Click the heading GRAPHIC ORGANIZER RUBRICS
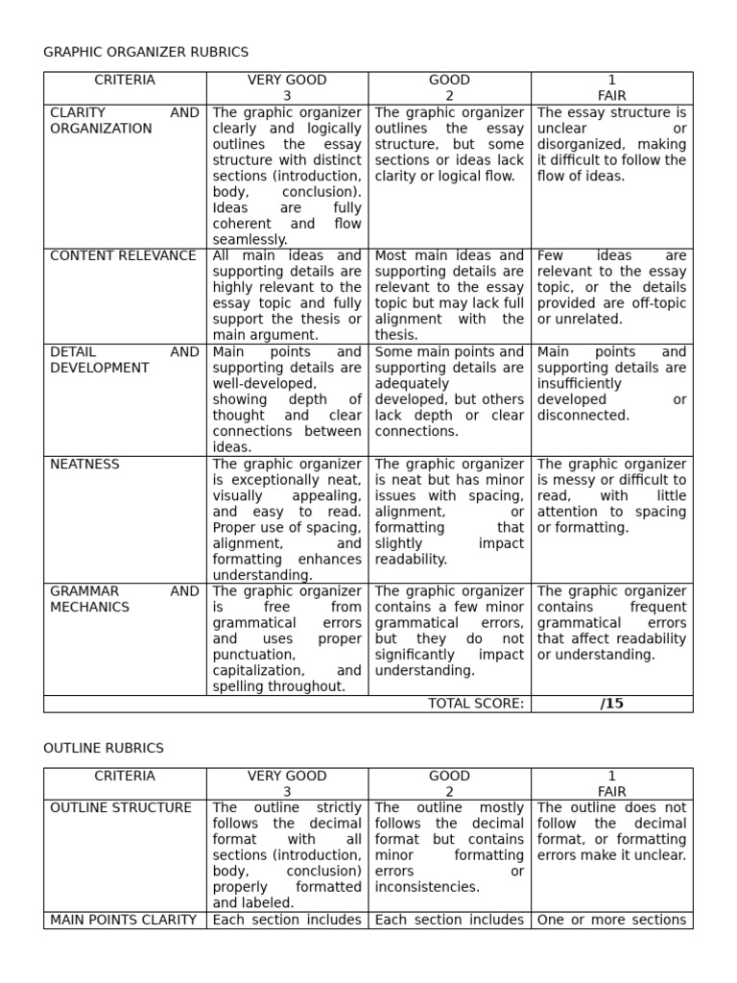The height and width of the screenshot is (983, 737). pyautogui.click(x=146, y=52)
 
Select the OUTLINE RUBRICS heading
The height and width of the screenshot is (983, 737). pyautogui.click(x=104, y=748)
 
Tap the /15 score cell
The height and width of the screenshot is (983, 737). pyautogui.click(x=611, y=704)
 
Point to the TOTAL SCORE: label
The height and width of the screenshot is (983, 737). pyautogui.click(x=476, y=704)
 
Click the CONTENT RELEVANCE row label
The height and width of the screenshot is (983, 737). pyautogui.click(x=123, y=256)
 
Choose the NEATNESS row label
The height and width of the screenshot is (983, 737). pyautogui.click(x=84, y=465)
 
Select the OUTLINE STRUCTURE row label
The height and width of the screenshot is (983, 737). pyautogui.click(x=120, y=808)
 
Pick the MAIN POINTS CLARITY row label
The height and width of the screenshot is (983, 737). pyautogui.click(x=123, y=921)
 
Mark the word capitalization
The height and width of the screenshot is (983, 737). pyautogui.click(x=258, y=671)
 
